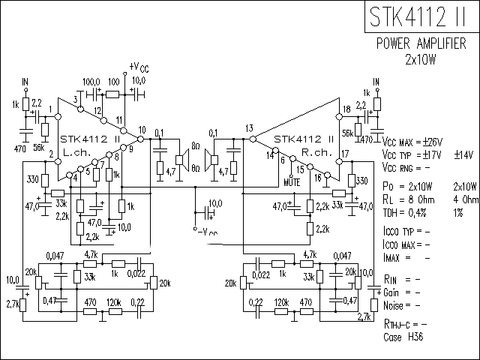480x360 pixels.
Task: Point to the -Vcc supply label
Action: coord(207,231)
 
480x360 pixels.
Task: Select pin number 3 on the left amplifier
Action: coord(76,99)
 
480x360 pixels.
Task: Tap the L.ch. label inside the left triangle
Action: coord(76,151)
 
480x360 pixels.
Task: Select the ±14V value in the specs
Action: coord(463,155)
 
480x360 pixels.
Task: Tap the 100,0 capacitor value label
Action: coord(91,81)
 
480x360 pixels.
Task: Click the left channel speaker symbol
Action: coord(180,158)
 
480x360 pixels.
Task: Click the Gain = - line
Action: coord(400,292)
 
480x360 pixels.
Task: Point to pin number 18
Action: coord(346,109)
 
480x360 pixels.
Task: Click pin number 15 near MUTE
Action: coord(300,171)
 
